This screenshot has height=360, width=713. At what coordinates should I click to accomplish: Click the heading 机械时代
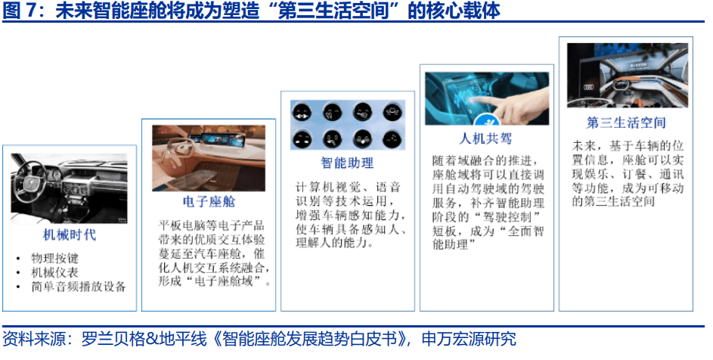tap(69, 234)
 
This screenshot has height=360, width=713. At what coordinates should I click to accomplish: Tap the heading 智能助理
tap(347, 163)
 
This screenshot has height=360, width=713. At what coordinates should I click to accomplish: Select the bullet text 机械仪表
tap(54, 272)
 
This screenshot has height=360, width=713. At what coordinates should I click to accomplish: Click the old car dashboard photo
tap(69, 188)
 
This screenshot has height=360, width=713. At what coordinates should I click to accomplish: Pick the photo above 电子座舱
tap(209, 157)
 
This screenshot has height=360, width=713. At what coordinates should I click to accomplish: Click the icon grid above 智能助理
tap(347, 124)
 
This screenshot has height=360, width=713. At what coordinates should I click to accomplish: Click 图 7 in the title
tap(23, 11)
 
